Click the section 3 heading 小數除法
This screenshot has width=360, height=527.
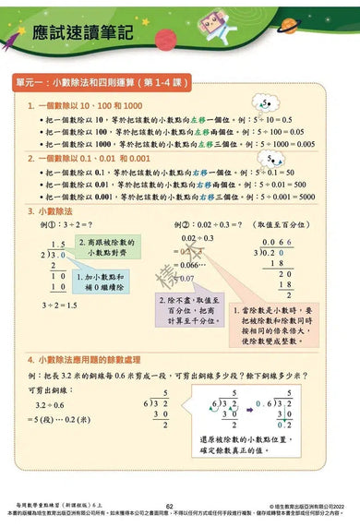55,211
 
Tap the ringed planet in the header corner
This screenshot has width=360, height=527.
336,16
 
